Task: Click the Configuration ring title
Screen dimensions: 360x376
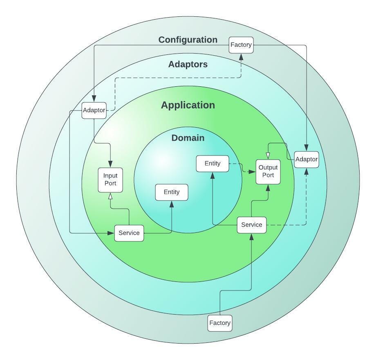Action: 188,40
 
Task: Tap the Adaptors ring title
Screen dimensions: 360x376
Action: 188,64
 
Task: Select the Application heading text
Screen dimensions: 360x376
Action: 188,105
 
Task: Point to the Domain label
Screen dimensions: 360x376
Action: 188,138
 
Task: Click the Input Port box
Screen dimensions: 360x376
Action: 110,180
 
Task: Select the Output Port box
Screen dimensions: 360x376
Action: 268,172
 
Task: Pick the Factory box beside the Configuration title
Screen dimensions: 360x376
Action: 241,45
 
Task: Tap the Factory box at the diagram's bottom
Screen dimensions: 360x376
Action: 220,323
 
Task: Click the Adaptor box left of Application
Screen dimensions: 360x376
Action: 94,110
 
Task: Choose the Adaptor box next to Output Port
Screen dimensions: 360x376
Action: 306,160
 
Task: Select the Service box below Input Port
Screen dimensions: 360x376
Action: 129,233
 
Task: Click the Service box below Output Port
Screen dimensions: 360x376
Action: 252,225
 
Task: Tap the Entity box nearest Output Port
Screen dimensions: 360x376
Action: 213,164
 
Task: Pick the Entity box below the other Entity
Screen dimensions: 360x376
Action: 172,192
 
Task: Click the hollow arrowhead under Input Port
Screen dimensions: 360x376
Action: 110,196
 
